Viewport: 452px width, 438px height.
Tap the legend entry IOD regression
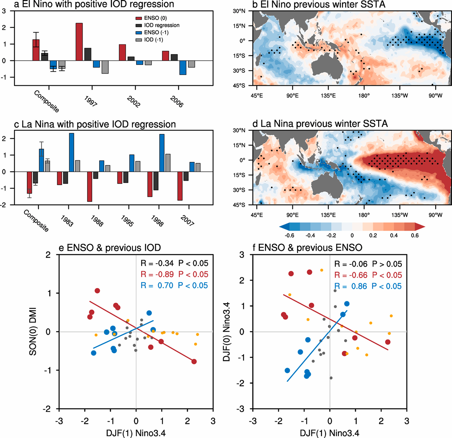click(x=161, y=25)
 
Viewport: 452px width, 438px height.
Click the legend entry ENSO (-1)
click(x=156, y=32)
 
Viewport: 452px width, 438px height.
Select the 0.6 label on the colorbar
click(x=415, y=236)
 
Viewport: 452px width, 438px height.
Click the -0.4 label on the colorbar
click(x=310, y=236)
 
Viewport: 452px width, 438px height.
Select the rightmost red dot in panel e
click(x=194, y=362)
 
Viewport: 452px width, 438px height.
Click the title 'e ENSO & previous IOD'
click(x=109, y=248)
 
